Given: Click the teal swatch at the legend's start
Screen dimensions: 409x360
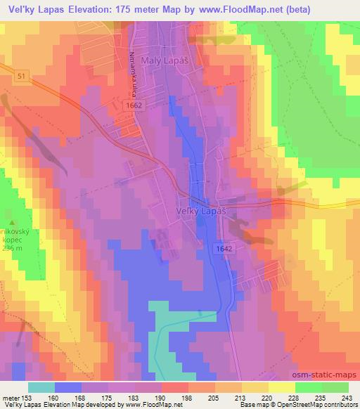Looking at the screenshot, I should click(41, 387).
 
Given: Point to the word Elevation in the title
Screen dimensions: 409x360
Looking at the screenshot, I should click(90, 9).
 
